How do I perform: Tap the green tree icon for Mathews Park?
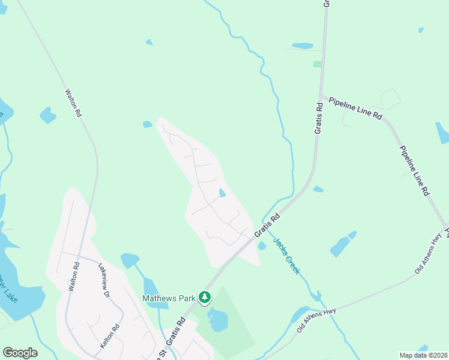click(x=205, y=297)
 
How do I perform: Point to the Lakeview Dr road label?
click(x=106, y=281)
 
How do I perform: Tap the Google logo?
click(x=20, y=352)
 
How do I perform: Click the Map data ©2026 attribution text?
click(x=423, y=355)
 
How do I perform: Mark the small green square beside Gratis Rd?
click(x=317, y=64)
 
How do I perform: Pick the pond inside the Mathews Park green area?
click(x=218, y=320)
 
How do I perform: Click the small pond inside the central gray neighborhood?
click(x=222, y=193)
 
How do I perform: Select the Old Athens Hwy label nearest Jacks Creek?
click(x=316, y=320)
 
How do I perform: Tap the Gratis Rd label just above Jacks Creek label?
click(x=268, y=226)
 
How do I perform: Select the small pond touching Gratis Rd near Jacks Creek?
click(x=262, y=245)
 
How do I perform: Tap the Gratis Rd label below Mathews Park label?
click(x=177, y=333)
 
